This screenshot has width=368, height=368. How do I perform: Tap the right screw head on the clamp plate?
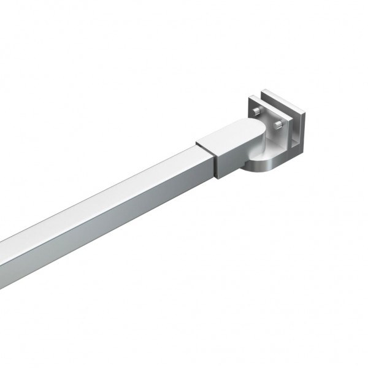pyautogui.click(x=279, y=126)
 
